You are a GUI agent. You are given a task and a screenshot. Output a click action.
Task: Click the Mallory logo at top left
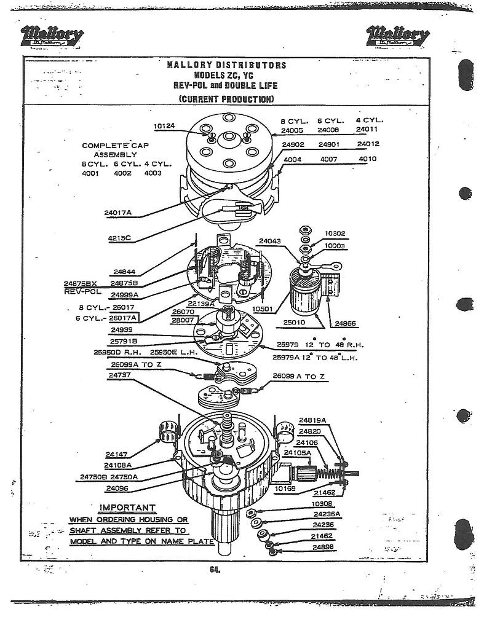click(52, 36)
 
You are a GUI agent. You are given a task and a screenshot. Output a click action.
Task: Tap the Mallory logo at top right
click(399, 36)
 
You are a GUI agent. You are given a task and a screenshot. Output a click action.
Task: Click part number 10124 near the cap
click(164, 126)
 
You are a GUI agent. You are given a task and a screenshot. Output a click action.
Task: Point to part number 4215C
click(120, 238)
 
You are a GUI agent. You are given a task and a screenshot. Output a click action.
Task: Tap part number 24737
click(119, 374)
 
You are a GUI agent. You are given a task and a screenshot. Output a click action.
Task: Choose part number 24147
click(116, 455)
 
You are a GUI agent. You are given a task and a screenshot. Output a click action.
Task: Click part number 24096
click(117, 489)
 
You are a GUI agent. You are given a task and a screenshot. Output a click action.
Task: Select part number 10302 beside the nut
click(335, 234)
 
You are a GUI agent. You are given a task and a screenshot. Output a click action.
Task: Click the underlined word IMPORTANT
click(127, 508)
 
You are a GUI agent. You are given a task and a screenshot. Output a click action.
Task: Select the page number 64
click(215, 570)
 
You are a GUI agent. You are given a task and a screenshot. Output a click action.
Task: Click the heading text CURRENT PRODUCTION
click(226, 99)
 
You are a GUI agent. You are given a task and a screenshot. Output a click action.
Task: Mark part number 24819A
click(312, 420)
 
